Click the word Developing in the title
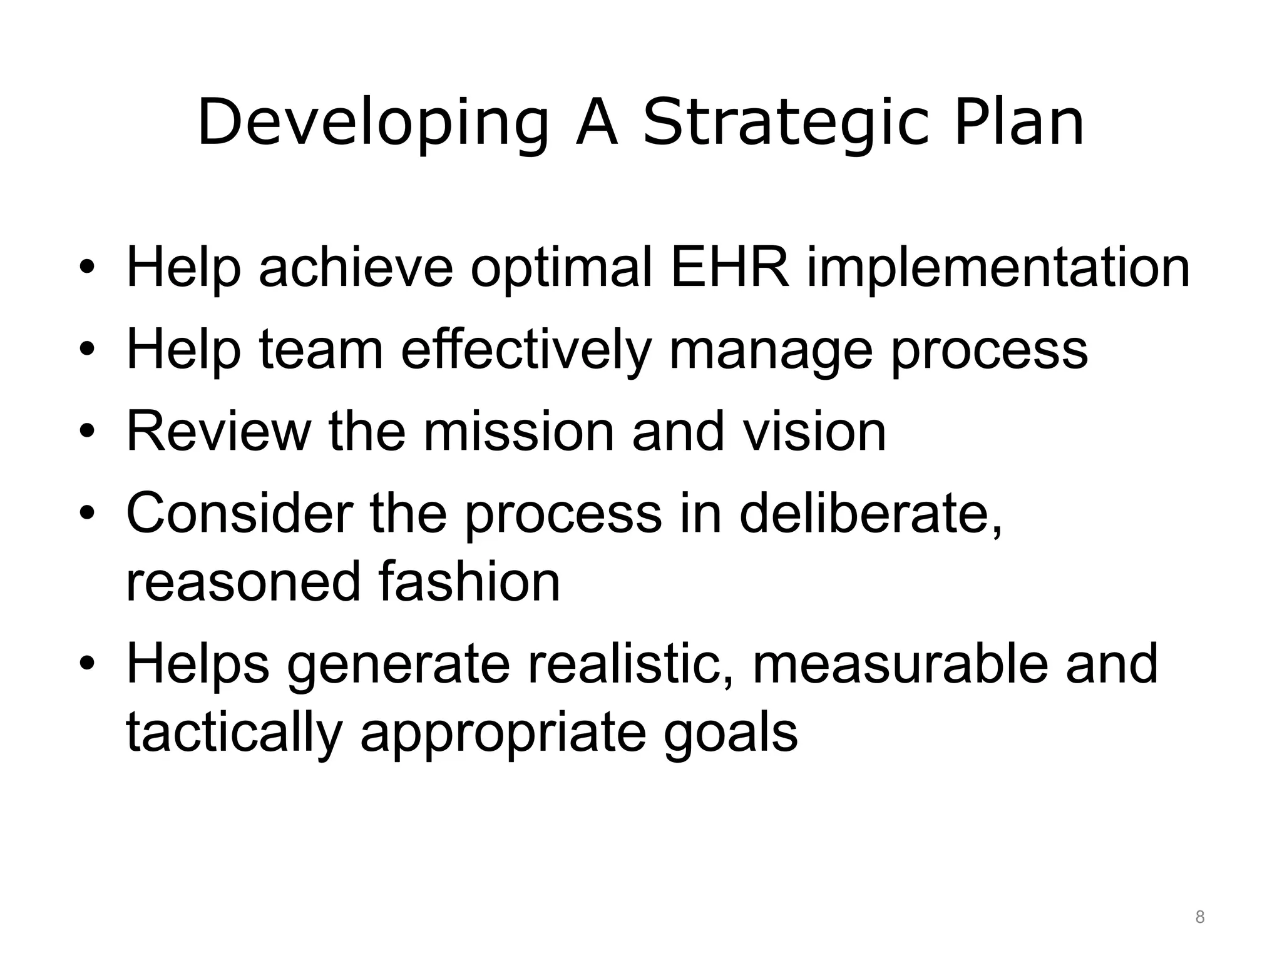coord(373,123)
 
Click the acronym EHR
coord(730,268)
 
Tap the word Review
coord(218,431)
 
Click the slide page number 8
coord(1199,917)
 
